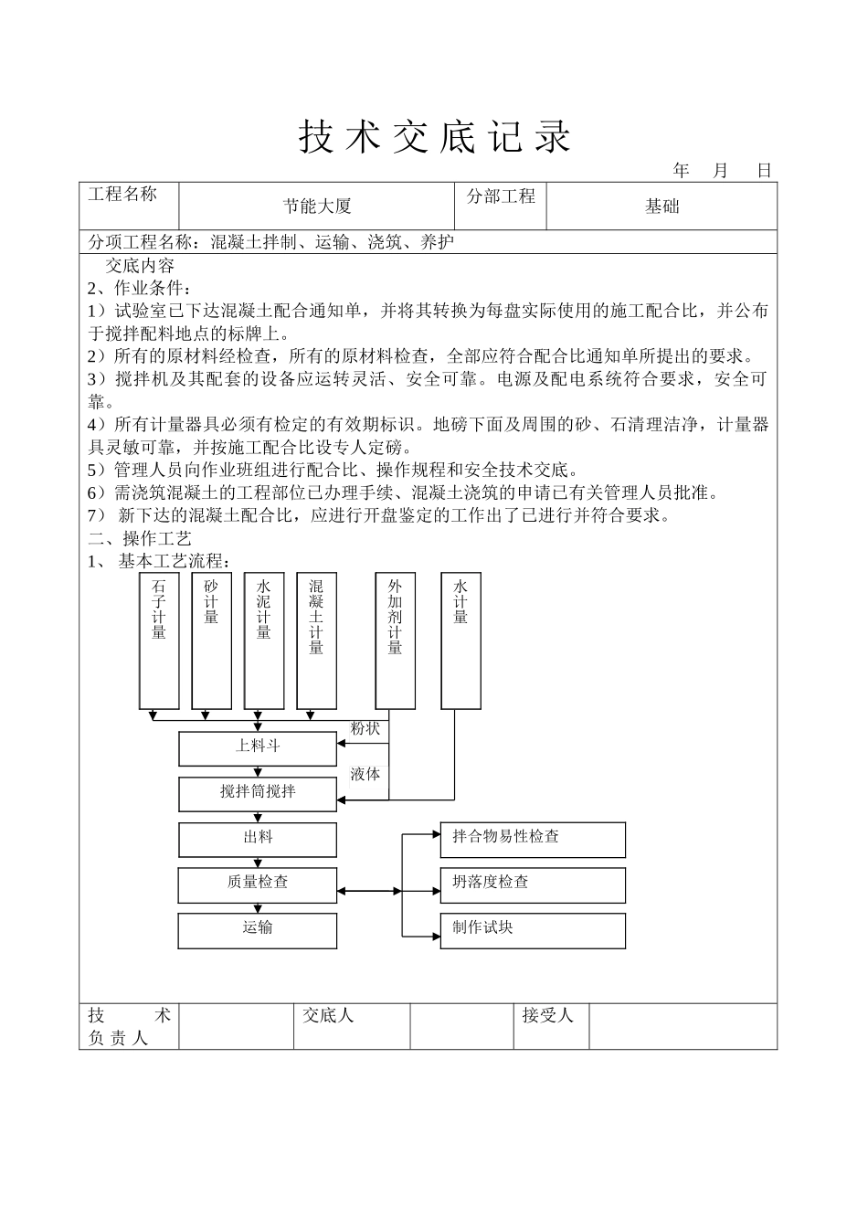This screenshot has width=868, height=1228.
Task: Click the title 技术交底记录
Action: point(434,137)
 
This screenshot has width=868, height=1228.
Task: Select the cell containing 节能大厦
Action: point(316,206)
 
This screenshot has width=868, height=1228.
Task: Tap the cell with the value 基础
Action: point(662,206)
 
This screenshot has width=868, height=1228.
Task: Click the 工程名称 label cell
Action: point(129,205)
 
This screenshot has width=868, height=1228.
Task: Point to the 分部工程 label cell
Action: point(501,205)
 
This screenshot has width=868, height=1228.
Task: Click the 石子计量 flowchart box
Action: point(159,640)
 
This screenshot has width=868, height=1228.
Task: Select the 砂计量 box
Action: point(212,640)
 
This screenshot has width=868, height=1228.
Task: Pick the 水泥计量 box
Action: point(264,640)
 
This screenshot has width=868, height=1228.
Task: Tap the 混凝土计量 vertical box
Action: point(316,640)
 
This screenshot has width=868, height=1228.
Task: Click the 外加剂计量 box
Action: point(396,640)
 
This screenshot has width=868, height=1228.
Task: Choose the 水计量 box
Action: point(460,640)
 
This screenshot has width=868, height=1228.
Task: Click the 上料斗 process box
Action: point(258,747)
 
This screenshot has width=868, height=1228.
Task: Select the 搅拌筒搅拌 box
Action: point(258,793)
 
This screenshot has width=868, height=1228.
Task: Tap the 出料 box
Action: point(258,839)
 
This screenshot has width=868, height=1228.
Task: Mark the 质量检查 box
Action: point(258,884)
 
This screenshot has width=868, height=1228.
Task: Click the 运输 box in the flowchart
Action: point(258,930)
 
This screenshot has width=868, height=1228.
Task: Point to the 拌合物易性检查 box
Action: point(533,839)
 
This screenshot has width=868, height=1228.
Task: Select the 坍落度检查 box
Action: point(533,884)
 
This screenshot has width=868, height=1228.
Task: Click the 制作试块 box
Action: point(533,930)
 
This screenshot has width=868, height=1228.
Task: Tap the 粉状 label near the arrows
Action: point(365,728)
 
